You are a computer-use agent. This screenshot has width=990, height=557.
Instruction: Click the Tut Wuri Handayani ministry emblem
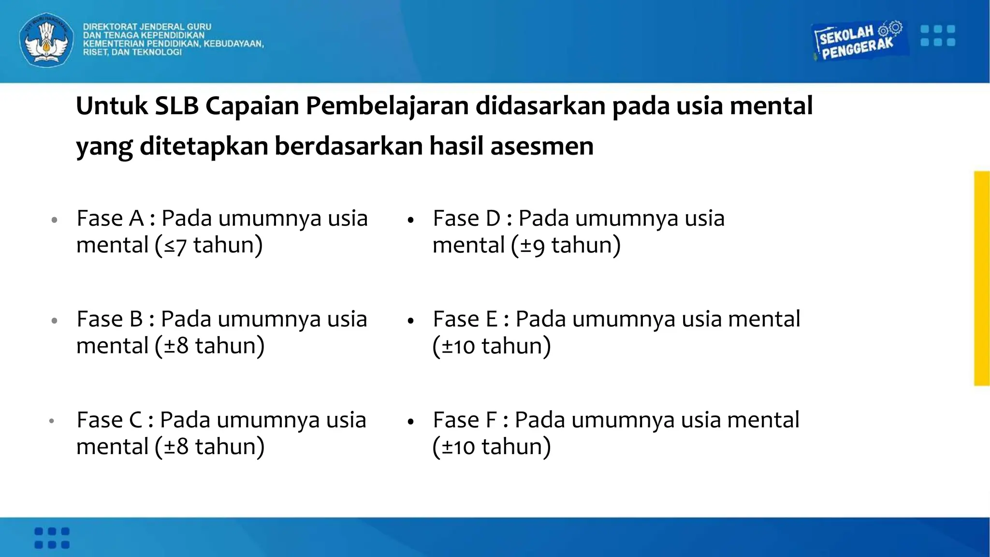46,40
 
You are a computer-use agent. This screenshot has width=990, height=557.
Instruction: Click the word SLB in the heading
176,106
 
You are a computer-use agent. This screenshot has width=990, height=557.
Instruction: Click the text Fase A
110,219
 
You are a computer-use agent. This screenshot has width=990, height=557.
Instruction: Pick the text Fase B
110,319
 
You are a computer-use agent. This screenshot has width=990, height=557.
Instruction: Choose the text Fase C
110,420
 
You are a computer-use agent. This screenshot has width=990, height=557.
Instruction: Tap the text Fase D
466,219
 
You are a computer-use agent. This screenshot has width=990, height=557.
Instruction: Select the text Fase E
465,319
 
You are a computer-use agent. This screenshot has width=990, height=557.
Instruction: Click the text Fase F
465,420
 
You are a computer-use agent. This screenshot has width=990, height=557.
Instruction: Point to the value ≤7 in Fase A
175,246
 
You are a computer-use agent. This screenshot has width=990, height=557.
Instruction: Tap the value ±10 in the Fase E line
458,347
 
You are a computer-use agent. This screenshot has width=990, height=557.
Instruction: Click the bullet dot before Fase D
411,220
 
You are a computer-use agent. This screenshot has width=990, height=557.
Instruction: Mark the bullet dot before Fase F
411,422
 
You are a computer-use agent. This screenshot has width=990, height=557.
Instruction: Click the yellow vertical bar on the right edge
982,278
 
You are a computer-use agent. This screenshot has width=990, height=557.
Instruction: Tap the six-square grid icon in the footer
52,538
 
